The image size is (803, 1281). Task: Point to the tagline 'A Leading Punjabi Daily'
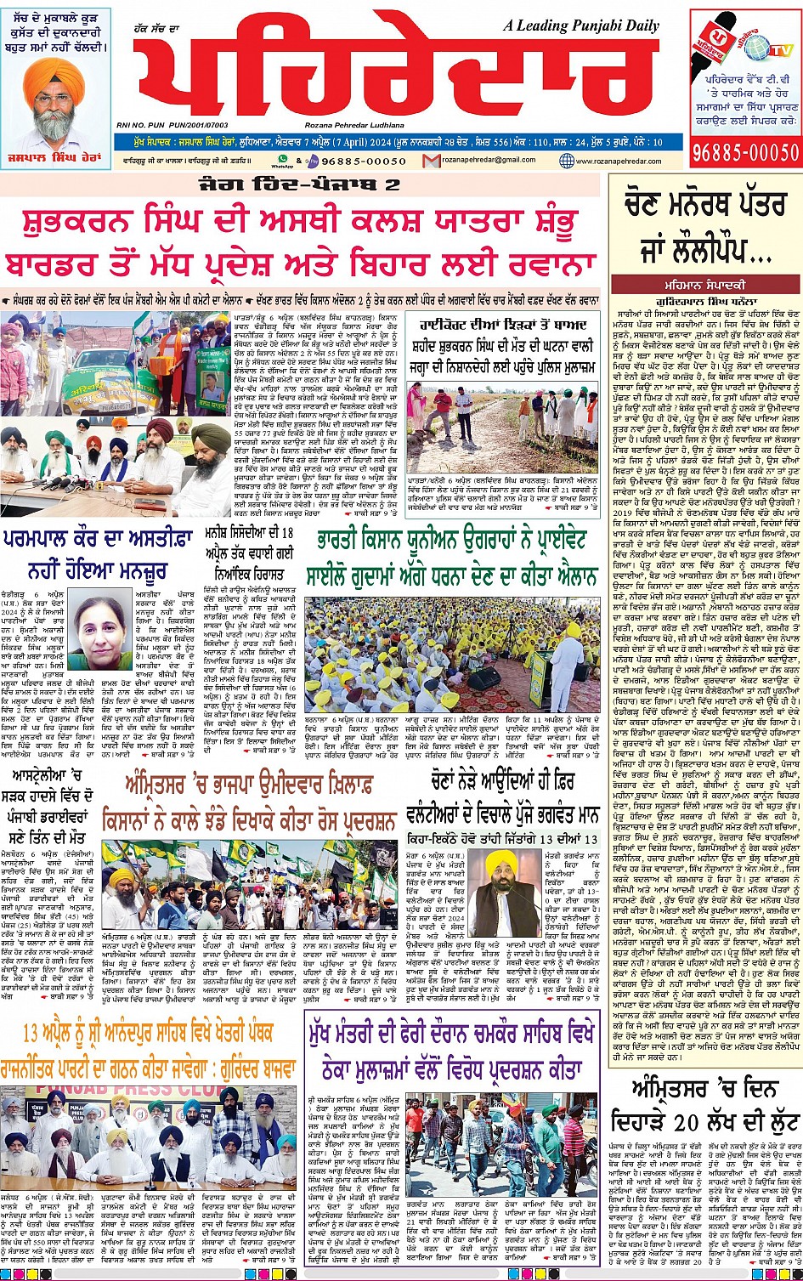pos(581,25)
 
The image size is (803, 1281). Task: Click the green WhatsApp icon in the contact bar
pos(276,159)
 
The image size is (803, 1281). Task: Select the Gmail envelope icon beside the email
pos(432,160)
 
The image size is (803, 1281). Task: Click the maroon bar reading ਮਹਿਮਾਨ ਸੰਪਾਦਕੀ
pos(704,283)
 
